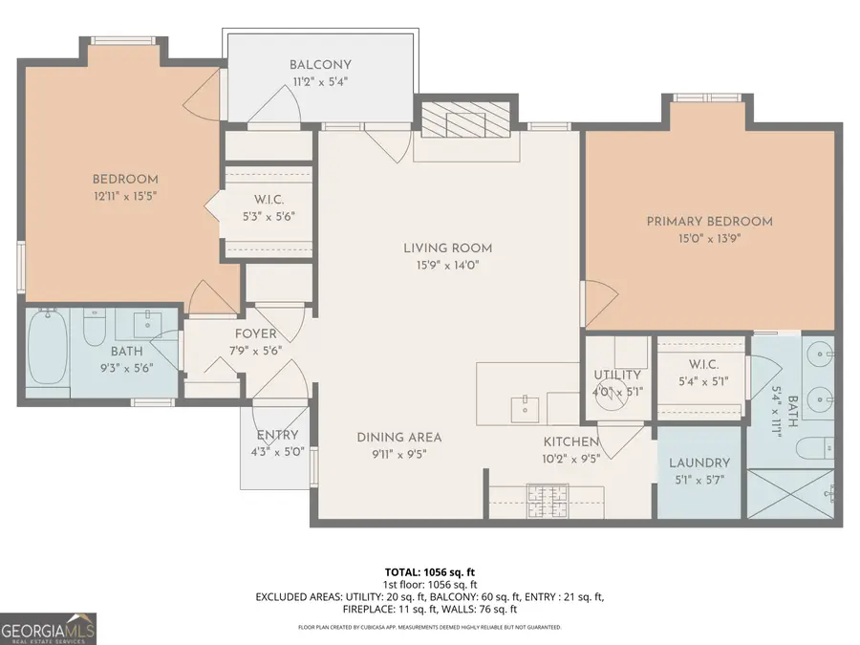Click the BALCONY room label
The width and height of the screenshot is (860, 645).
coord(318,65)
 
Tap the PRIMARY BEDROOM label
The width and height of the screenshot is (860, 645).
coord(709,222)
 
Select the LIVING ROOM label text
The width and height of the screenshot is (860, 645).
coord(447,248)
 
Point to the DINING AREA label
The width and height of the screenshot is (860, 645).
coord(399,438)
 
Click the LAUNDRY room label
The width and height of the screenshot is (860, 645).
coord(699,462)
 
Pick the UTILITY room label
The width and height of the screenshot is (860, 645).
coord(610,375)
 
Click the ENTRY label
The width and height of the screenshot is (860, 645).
coord(277,436)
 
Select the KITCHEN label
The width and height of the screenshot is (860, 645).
coord(571,441)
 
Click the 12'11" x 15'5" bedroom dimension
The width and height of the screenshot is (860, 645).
coord(125,196)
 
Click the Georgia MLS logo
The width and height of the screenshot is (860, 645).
coord(48,628)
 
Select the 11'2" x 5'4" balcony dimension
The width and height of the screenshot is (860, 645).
coord(318,82)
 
